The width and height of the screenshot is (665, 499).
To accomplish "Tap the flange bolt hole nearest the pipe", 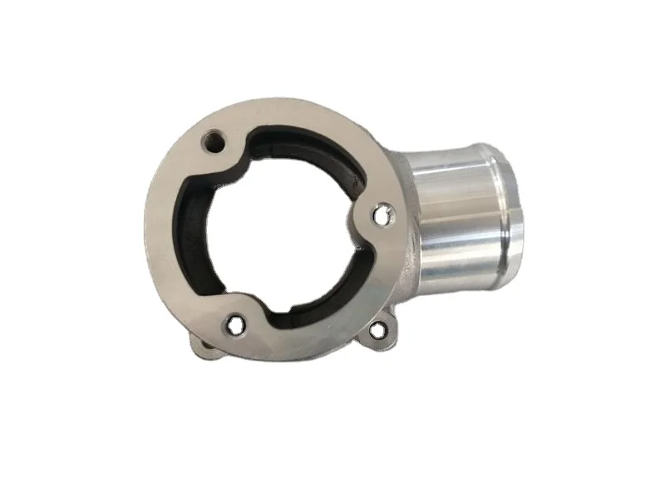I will (381, 215).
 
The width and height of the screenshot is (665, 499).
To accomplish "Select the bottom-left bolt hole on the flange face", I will (235, 325).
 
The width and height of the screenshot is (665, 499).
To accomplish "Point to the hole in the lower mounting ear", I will (377, 329).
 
